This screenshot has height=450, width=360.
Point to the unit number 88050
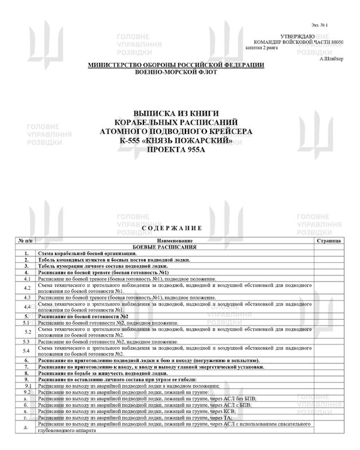coord(335,43)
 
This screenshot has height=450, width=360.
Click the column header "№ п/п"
coord(26,240)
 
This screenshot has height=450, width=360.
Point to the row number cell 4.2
coord(26,287)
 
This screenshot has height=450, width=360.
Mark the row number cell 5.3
coord(26,341)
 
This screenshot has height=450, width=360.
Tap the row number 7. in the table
coord(26,366)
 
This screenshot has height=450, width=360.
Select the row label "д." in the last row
coord(26,426)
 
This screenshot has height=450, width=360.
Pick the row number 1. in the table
coord(26,253)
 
